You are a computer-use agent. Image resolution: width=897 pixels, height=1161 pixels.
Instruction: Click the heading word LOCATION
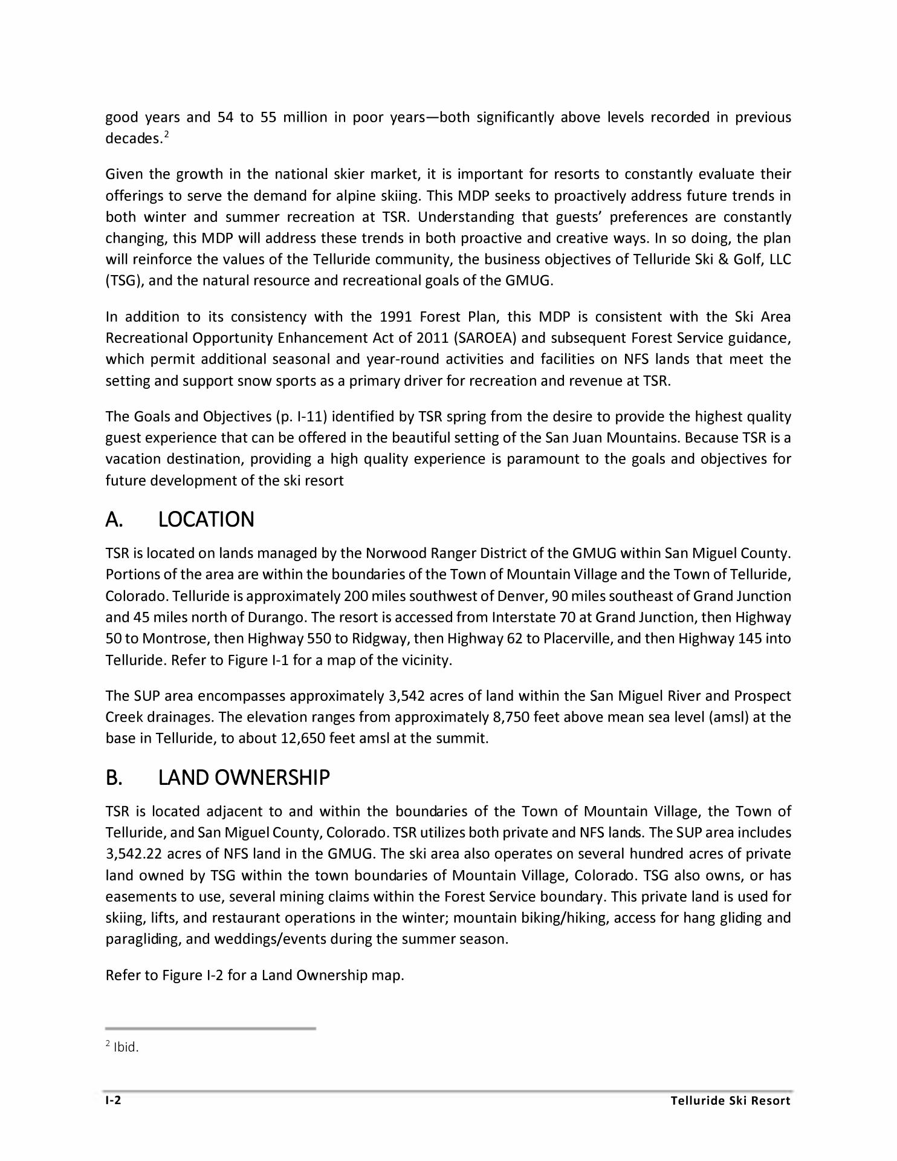[206, 519]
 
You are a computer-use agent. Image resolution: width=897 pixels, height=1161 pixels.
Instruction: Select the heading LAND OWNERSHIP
[244, 778]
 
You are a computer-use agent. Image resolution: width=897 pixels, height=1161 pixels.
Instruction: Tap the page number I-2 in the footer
[113, 1100]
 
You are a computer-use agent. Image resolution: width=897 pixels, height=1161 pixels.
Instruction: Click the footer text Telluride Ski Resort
[730, 1101]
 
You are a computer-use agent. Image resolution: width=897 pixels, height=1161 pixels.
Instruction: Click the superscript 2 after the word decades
[166, 135]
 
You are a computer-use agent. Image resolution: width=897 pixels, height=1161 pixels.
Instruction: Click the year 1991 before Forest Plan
[396, 317]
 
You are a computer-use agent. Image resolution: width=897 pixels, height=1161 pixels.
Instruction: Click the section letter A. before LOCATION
[114, 519]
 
